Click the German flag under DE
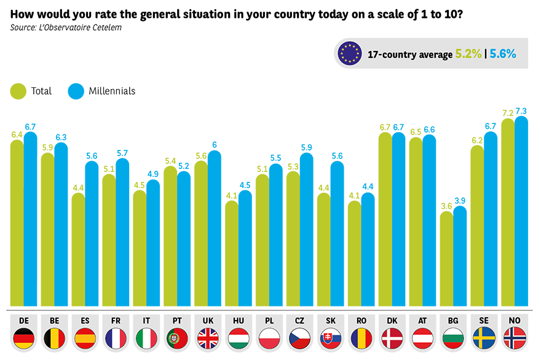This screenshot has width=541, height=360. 24,338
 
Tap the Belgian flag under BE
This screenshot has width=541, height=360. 55,338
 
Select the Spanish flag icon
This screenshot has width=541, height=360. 85,338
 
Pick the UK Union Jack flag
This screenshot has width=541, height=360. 208,338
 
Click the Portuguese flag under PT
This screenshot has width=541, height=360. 177,338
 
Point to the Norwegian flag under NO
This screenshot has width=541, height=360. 515,338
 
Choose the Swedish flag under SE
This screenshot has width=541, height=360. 484,338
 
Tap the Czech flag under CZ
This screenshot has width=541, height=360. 300,338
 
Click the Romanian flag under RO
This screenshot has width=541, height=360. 361,338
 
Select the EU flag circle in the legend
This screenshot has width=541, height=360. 349,53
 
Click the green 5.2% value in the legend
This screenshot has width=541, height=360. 468,54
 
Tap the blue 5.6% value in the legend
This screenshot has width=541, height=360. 502,54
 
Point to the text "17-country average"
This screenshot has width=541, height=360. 408,54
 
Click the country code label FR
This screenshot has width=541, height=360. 116,321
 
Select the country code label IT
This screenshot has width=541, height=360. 146,321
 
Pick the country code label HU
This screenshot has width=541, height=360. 239,321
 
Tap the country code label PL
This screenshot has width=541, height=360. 269,321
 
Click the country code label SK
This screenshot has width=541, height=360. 331,321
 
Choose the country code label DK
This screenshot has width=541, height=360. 392,321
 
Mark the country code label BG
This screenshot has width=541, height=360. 453,321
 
